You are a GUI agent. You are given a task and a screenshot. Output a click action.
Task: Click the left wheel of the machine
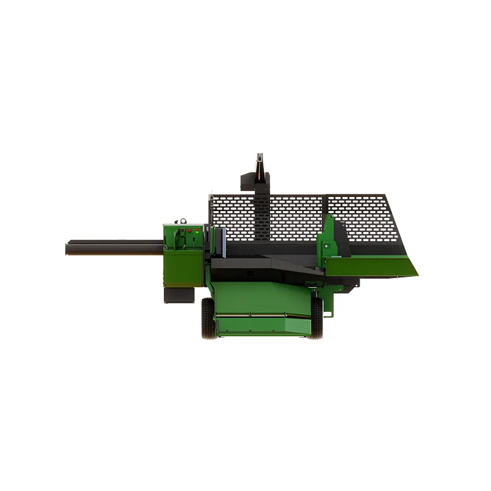coord(209,319)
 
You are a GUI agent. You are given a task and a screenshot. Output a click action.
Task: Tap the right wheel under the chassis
coord(317,319)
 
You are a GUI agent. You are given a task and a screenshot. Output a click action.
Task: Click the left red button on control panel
coord(190,231)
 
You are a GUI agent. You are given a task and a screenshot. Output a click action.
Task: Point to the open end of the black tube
coord(67,249)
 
